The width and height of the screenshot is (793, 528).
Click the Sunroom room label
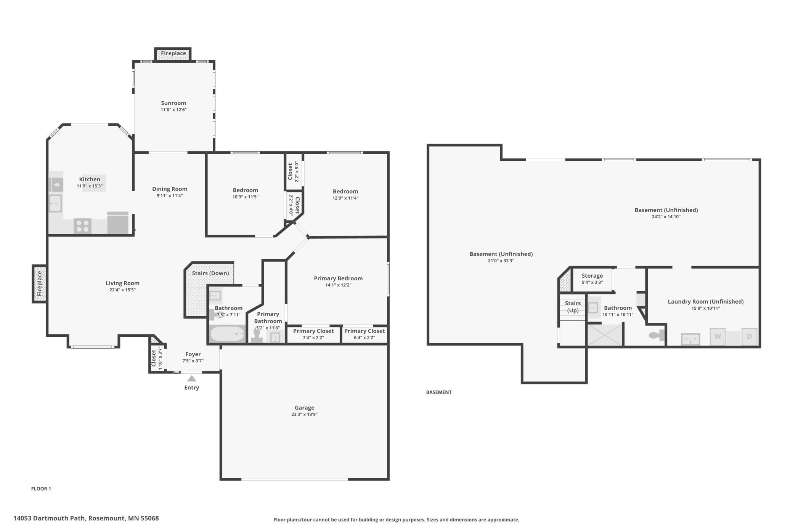tap(173, 103)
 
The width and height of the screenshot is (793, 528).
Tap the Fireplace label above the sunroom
tap(173, 53)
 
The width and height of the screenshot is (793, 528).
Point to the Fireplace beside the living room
tap(40, 284)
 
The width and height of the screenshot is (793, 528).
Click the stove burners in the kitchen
tap(82, 226)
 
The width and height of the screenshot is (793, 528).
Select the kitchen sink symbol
tap(55, 203)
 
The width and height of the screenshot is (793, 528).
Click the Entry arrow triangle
tap(192, 378)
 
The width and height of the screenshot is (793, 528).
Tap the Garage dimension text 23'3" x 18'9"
tap(304, 414)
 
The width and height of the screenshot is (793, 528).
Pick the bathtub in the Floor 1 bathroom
tap(227, 334)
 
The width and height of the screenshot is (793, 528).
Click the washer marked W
tap(718, 337)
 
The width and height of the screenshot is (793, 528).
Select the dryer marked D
tap(749, 337)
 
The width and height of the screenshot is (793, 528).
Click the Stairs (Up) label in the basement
tap(573, 307)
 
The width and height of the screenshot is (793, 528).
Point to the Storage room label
tap(592, 276)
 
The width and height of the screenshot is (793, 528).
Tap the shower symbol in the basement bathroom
tap(605, 335)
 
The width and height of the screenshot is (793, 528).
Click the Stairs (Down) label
tap(210, 273)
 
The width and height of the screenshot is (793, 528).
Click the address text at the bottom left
tap(86, 518)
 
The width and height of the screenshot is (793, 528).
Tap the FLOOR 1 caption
tap(41, 489)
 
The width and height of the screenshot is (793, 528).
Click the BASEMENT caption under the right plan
tap(439, 392)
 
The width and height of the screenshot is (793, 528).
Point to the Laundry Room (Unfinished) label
tap(706, 302)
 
